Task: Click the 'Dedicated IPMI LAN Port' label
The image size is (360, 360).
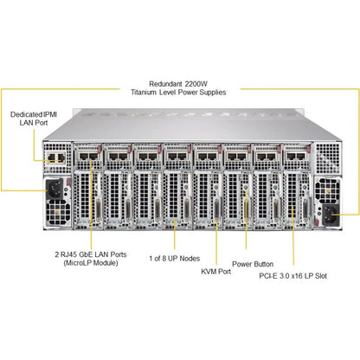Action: pyautogui.click(x=34, y=119)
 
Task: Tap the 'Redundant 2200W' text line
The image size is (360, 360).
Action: pyautogui.click(x=178, y=84)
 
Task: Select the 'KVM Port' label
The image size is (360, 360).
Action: pyautogui.click(x=216, y=272)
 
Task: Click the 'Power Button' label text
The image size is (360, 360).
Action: pyautogui.click(x=253, y=264)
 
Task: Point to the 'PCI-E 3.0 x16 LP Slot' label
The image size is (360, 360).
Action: pyautogui.click(x=293, y=276)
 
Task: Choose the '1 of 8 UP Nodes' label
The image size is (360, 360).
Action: pyautogui.click(x=175, y=258)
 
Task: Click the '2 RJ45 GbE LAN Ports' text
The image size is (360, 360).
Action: pyautogui.click(x=91, y=254)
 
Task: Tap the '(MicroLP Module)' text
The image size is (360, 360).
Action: pyautogui.click(x=91, y=263)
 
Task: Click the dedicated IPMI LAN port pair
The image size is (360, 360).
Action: pyautogui.click(x=56, y=157)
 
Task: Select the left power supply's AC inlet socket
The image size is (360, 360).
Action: pyautogui.click(x=55, y=189)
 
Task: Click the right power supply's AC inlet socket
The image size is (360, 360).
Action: pyautogui.click(x=331, y=215)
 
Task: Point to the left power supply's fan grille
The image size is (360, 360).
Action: pyautogui.click(x=58, y=213)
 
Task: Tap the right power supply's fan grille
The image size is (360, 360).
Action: pyautogui.click(x=327, y=190)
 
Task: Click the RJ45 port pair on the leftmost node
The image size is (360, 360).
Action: pyautogui.click(x=88, y=157)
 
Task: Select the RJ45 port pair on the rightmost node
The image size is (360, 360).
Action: pyautogui.click(x=296, y=157)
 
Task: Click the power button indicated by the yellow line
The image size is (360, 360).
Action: pyautogui.click(x=246, y=188)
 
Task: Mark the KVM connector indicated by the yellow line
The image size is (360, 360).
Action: pyautogui.click(x=216, y=209)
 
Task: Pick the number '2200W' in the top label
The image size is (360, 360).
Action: pyautogui.click(x=196, y=84)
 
